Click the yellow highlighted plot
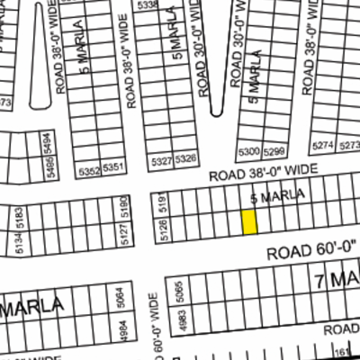click(x=249, y=222)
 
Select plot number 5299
click(x=274, y=150)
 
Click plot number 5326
click(x=186, y=160)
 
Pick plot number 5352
click(x=88, y=168)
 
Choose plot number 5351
click(x=112, y=168)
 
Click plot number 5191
click(x=163, y=205)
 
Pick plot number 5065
click(x=182, y=292)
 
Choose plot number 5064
click(x=121, y=296)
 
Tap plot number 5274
click(x=322, y=145)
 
